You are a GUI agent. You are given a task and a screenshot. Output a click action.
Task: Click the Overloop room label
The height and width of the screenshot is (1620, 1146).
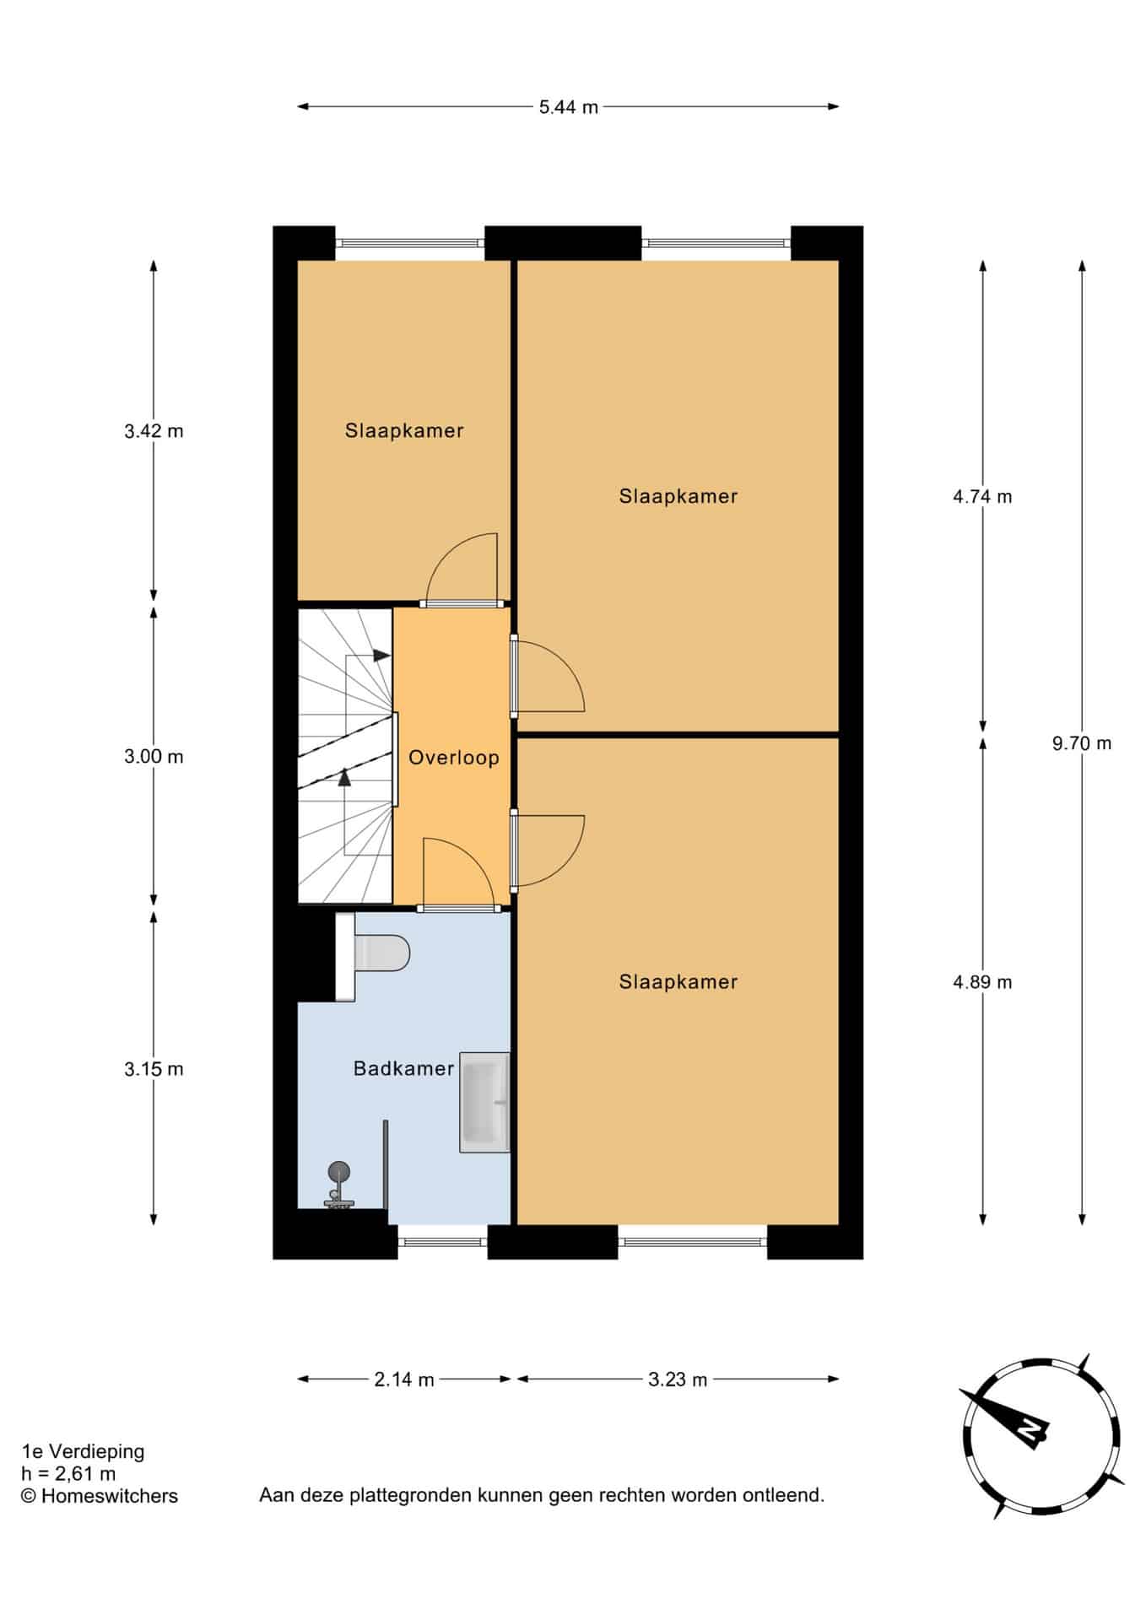coord(453,758)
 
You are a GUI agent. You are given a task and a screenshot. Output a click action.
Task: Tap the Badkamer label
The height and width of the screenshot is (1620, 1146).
coord(403,1069)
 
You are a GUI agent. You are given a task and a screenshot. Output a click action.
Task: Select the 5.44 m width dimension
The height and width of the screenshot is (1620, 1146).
coord(569,107)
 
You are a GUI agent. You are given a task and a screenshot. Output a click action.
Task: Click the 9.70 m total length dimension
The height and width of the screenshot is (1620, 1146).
coord(1082,743)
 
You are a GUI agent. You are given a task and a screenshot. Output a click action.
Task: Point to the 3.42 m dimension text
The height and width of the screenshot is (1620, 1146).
coord(154,431)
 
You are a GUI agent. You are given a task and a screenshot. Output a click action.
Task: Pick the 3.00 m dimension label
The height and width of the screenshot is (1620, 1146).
coord(154,757)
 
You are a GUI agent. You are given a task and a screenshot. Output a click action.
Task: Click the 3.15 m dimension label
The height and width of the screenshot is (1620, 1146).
coord(154,1069)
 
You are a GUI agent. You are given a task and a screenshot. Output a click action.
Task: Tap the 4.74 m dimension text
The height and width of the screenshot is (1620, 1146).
coord(982,497)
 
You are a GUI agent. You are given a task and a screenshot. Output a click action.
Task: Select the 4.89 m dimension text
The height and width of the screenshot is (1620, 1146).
coord(982,982)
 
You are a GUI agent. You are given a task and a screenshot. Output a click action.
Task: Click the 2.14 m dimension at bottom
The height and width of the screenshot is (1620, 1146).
coord(404,1380)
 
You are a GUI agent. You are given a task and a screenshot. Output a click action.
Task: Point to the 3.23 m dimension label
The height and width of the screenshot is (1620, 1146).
coord(678,1380)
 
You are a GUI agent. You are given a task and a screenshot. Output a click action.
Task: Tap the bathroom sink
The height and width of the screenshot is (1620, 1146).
coord(484,1102)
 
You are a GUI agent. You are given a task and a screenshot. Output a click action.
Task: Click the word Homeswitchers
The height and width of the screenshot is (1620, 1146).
coord(110,1496)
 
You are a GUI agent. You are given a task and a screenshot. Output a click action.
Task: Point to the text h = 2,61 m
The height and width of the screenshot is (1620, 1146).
coord(68,1474)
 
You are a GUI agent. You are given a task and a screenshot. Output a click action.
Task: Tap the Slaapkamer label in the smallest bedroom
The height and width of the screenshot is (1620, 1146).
coord(404,431)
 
